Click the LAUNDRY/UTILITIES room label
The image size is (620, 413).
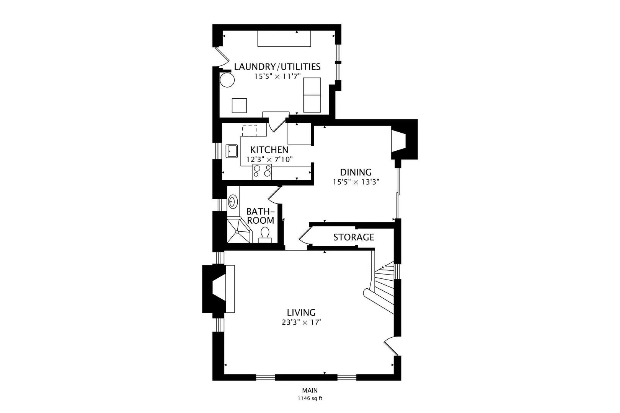[x=277, y=67]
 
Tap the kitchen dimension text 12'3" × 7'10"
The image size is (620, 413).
[x=269, y=159]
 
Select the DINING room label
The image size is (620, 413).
[x=356, y=172]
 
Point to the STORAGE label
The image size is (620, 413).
[x=354, y=237]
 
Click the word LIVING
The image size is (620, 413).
[x=301, y=312]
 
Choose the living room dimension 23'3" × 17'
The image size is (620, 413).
[x=301, y=322]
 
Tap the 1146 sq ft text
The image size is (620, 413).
[x=310, y=398]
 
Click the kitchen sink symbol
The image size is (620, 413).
[x=232, y=151]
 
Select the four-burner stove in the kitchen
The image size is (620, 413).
[x=262, y=171]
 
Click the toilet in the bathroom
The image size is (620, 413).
[x=265, y=235]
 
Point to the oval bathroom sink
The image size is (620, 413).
[x=233, y=202]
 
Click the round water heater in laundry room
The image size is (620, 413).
[x=227, y=80]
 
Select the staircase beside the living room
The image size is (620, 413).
[x=382, y=288]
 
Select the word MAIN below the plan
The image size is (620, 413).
[x=310, y=390]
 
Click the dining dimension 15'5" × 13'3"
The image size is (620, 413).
[x=356, y=182]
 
